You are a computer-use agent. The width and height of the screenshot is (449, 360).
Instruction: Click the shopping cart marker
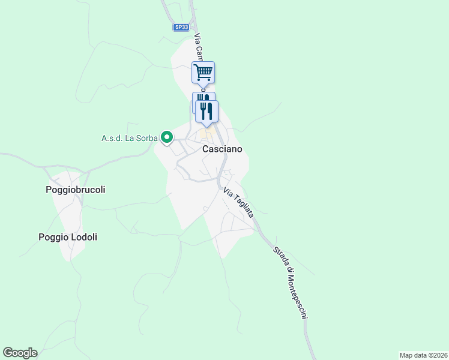tap(203, 73)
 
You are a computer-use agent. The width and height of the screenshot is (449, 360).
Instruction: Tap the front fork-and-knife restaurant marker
tap(207, 111)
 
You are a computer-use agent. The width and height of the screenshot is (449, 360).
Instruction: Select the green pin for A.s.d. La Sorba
tap(167, 137)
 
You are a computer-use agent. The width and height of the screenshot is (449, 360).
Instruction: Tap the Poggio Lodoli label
tap(68, 238)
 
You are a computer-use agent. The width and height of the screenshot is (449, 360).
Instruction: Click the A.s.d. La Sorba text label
tap(129, 138)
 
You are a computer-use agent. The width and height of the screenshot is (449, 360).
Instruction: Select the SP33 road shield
tap(181, 27)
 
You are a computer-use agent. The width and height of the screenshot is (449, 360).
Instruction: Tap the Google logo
tap(20, 353)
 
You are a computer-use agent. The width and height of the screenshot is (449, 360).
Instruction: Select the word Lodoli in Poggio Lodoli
tap(83, 238)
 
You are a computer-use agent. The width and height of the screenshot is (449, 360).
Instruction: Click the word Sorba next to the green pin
tap(145, 138)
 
